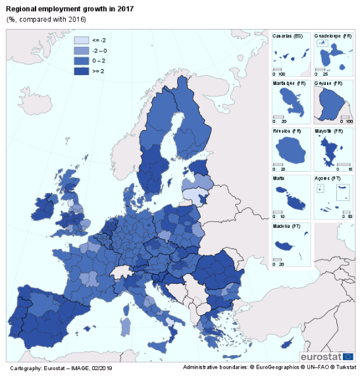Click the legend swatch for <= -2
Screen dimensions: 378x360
(x=82, y=40)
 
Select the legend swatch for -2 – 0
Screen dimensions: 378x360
(x=82, y=51)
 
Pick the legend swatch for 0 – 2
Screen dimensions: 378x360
(x=82, y=61)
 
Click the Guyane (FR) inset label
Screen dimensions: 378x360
(x=328, y=84)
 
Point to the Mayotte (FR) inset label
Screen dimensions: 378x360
(x=330, y=131)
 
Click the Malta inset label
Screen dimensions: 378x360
(x=278, y=178)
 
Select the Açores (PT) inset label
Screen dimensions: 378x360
(x=327, y=178)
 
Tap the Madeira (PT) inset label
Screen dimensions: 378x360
(x=286, y=226)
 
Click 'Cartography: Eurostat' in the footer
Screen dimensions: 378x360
(x=36, y=367)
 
